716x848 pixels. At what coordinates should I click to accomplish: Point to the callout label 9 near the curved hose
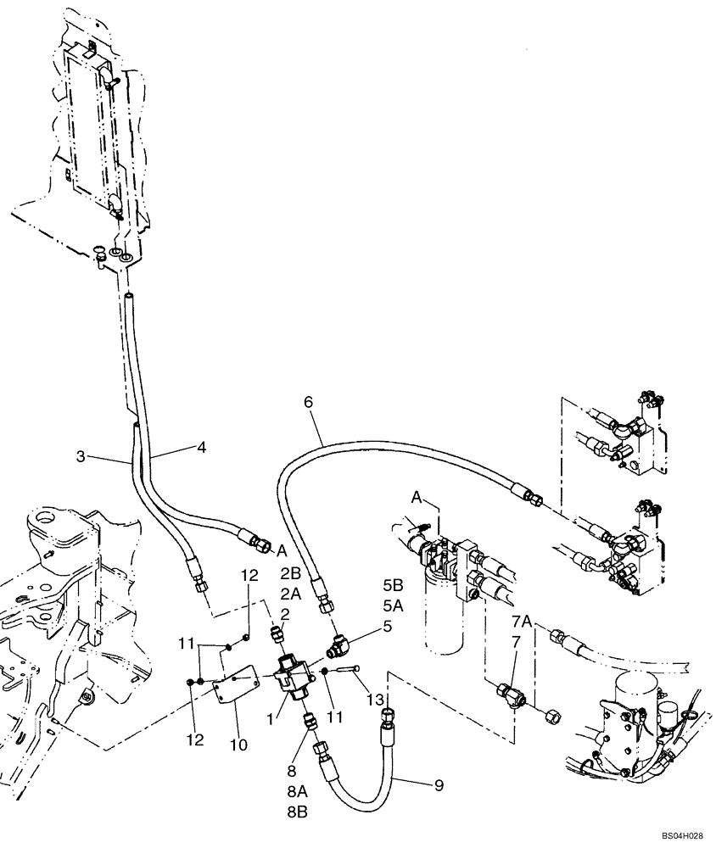pos(438,785)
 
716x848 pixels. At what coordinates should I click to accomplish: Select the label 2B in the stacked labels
pos(291,573)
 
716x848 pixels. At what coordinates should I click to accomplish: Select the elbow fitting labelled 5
pos(336,648)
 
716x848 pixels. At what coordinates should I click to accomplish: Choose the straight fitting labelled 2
pos(276,633)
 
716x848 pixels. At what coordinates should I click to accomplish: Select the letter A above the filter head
pos(418,496)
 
